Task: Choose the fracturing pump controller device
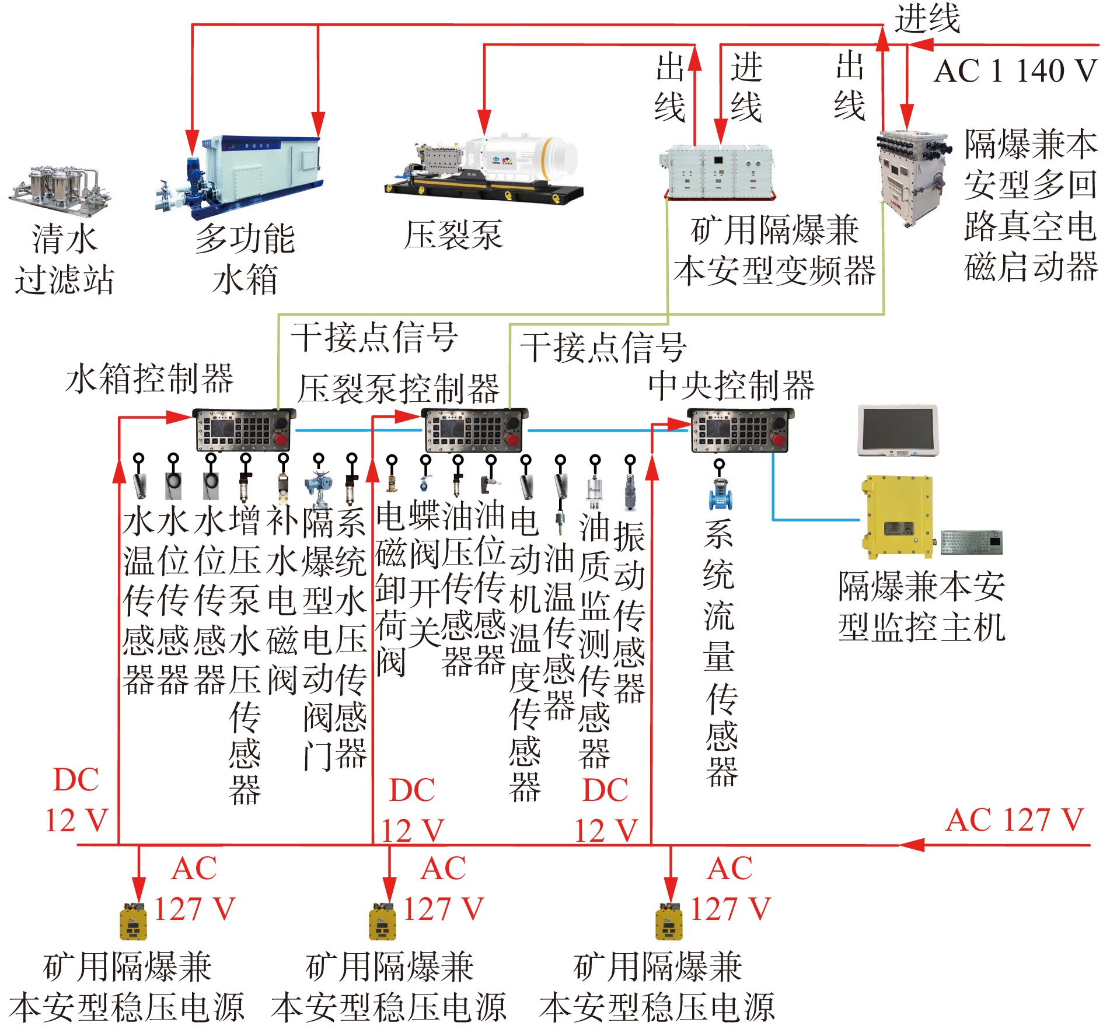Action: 474,430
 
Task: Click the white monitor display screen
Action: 898,430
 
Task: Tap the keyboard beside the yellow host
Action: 972,542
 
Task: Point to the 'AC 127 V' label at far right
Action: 1014,820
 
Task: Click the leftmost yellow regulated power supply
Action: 132,922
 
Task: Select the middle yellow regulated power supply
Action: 382,922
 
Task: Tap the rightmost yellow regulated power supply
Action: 669,922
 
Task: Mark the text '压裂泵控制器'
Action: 398,389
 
